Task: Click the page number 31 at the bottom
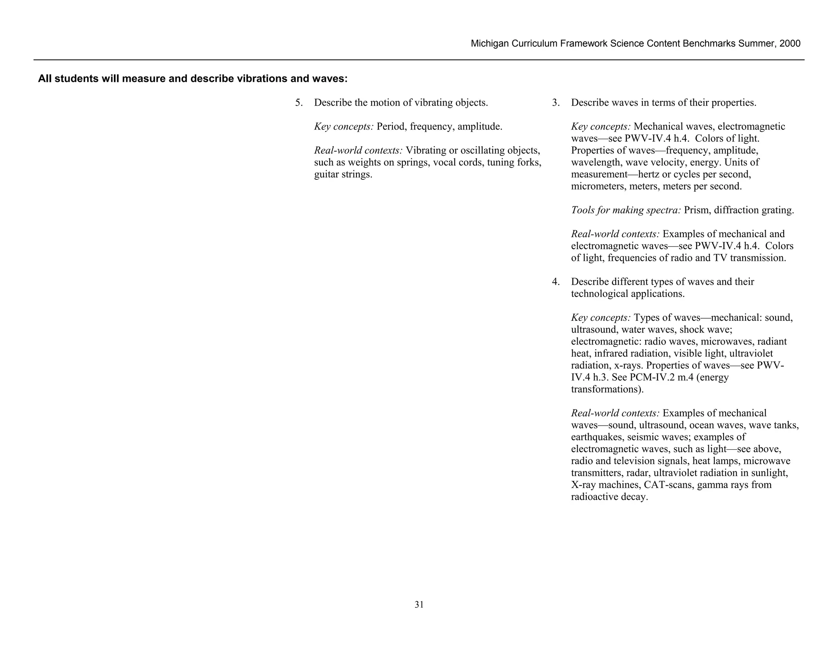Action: [x=419, y=605]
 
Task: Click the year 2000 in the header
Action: [x=790, y=44]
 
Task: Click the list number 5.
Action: [x=299, y=103]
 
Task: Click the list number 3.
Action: [x=555, y=103]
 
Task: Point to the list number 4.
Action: [x=555, y=282]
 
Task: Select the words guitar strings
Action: [x=343, y=174]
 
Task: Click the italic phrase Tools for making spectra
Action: [x=626, y=211]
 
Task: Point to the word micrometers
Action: [x=596, y=186]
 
